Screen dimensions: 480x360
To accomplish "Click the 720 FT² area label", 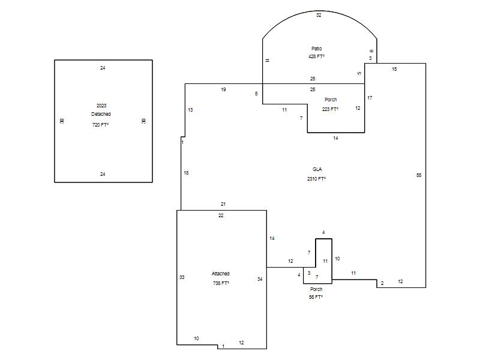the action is click(100, 125).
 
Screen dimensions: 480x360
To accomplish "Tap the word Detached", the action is click(101, 114).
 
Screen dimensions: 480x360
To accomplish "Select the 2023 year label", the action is click(101, 106).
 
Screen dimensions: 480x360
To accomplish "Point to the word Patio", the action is click(317, 49).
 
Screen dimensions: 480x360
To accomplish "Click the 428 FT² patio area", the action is click(317, 56).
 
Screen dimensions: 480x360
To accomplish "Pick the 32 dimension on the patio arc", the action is click(319, 15).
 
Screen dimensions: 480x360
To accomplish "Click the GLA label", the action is click(317, 169).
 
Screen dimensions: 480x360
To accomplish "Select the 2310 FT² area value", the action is click(317, 178).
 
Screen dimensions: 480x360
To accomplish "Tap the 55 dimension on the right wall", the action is click(419, 175).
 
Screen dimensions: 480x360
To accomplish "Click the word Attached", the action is click(220, 274).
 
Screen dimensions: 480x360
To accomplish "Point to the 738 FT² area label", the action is click(221, 283).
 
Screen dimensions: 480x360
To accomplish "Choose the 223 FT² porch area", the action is click(330, 109).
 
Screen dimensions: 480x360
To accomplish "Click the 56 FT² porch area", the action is click(316, 297).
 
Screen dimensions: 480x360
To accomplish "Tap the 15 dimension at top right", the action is click(394, 69).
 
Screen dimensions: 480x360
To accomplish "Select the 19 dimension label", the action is click(223, 89).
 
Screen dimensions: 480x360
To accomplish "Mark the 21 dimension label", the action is click(223, 204).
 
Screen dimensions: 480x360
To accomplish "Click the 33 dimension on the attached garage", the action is click(182, 277).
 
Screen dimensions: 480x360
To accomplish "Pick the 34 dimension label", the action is click(260, 279).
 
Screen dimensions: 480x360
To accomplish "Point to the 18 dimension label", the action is click(186, 173).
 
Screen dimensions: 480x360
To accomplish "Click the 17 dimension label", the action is click(370, 98).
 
